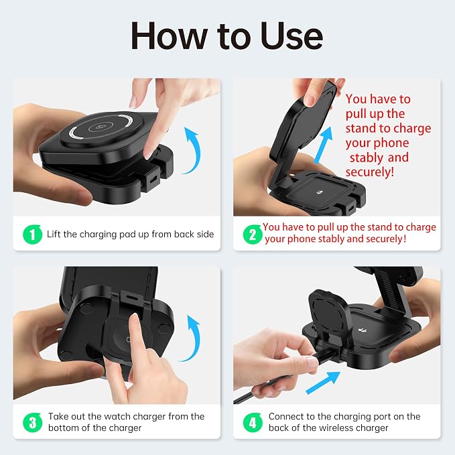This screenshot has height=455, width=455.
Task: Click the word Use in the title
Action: tap(291, 36)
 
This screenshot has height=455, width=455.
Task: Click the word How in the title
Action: tap(169, 36)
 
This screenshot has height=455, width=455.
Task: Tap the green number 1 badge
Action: tap(32, 234)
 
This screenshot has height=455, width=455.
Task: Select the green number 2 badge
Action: tap(253, 234)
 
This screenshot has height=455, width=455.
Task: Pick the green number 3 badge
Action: tap(32, 422)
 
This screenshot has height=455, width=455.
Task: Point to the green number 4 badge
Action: tap(253, 422)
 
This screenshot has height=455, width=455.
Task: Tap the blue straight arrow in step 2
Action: tap(324, 145)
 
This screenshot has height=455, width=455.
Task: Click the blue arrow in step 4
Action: tap(323, 383)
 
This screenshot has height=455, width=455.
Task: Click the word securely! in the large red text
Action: tap(370, 172)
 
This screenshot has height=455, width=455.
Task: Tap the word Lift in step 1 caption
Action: tap(54, 234)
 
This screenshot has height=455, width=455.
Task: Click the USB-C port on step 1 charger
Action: tap(153, 178)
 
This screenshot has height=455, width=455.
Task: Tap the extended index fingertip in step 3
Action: tap(134, 318)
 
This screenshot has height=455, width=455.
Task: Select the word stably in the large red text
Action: tap(366, 157)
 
